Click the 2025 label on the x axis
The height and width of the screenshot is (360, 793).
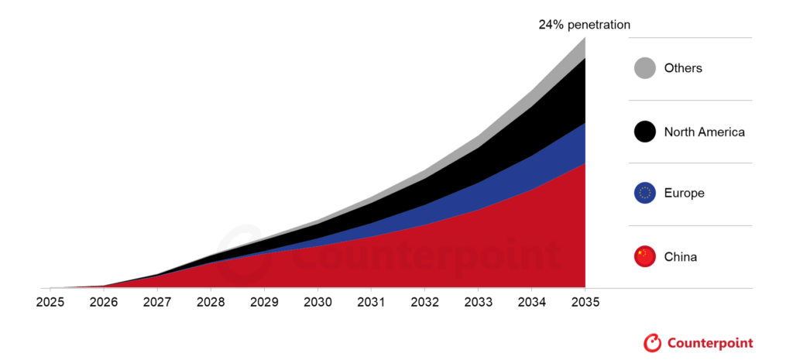50,301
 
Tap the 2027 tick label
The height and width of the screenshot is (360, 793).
157,301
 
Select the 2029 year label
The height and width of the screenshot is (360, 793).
264,301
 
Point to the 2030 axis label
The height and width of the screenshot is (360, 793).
318,301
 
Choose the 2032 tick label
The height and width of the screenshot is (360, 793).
424,301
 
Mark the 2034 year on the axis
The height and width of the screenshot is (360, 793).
531,301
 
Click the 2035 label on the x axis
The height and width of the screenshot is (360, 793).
585,301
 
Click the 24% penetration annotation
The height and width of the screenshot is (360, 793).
585,25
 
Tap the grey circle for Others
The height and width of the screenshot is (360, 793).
645,68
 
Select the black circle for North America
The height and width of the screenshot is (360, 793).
645,132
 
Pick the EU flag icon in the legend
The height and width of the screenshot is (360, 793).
645,194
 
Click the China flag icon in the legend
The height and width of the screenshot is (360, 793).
645,256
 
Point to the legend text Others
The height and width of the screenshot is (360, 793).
683,68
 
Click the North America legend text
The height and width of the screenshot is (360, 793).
704,132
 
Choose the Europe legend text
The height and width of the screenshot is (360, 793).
684,194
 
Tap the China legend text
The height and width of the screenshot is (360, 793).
681,256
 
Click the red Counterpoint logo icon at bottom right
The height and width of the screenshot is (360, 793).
652,341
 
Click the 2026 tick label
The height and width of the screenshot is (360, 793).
103,301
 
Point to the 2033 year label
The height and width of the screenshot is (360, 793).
478,301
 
